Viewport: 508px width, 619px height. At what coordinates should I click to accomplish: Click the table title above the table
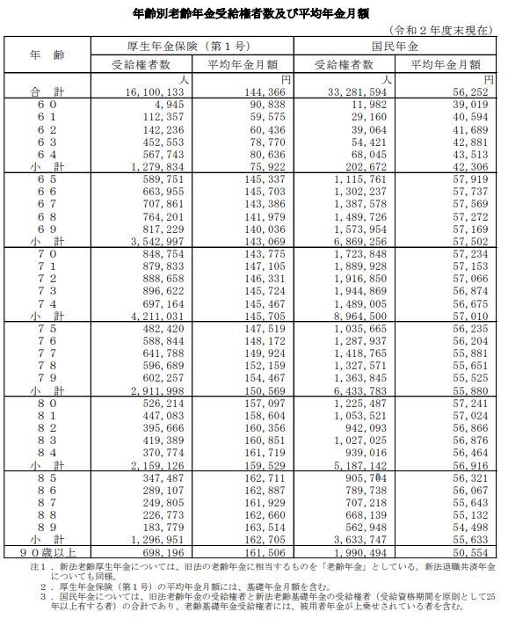tap(254, 12)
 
